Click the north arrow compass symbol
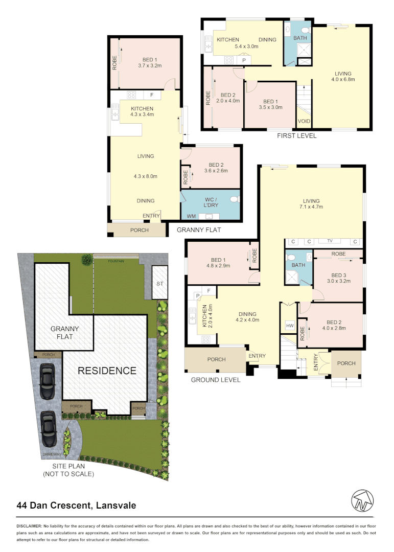click(x=362, y=500)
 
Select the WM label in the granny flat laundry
click(x=191, y=217)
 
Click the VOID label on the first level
click(x=304, y=122)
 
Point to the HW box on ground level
click(x=290, y=326)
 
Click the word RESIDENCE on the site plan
click(x=107, y=371)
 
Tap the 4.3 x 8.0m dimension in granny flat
click(x=145, y=176)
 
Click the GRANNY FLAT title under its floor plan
click(x=199, y=230)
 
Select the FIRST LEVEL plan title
click(x=296, y=136)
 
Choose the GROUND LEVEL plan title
click(x=215, y=380)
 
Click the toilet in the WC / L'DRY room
click(x=235, y=199)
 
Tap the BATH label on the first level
click(x=300, y=38)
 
